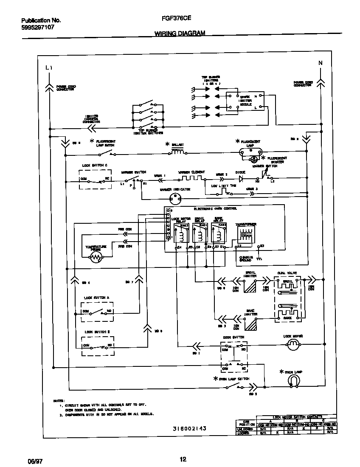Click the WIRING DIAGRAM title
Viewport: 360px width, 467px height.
[x=179, y=33]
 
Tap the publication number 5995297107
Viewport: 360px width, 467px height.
[x=37, y=27]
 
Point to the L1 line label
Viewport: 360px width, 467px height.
[x=49, y=68]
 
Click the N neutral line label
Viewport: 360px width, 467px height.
[x=321, y=63]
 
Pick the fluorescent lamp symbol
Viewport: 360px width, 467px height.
[x=251, y=151]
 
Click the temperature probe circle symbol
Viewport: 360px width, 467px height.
[x=97, y=257]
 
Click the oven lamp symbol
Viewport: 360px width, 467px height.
[x=292, y=382]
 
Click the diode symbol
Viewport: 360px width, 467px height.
[x=242, y=179]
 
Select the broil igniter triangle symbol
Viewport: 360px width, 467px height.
[x=251, y=290]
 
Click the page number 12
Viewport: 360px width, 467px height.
[x=183, y=459]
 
